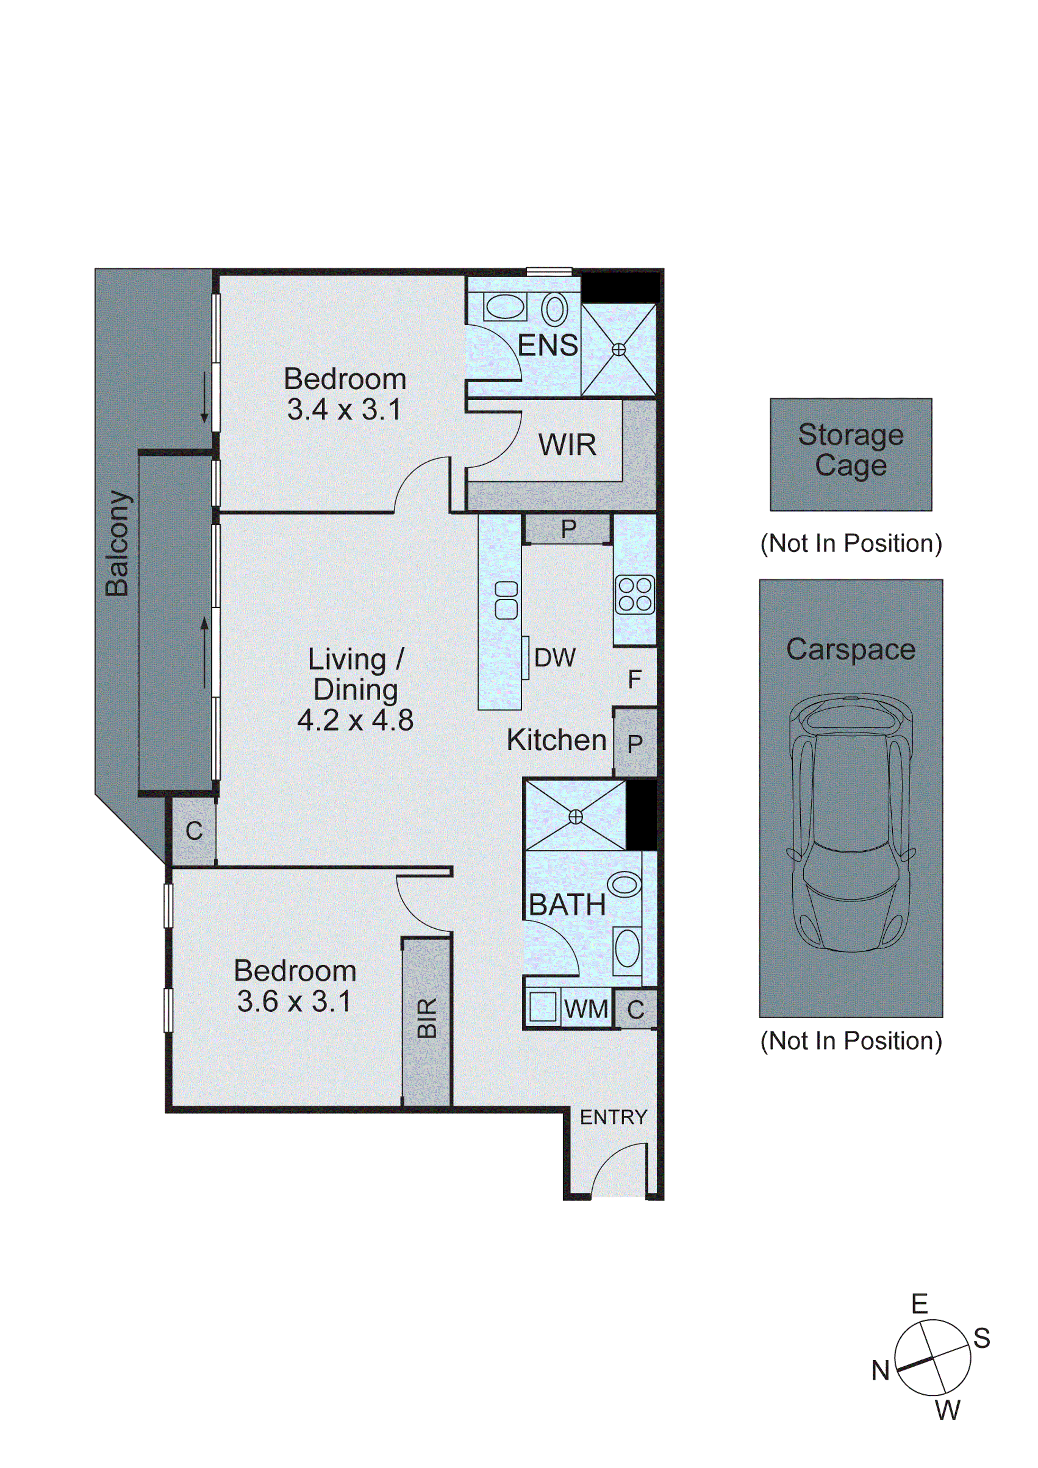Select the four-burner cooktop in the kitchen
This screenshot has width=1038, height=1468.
(635, 595)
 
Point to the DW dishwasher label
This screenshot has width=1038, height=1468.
(555, 657)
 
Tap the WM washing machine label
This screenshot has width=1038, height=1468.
(586, 1009)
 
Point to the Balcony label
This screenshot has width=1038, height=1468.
(118, 544)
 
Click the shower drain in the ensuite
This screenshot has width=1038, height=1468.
(618, 350)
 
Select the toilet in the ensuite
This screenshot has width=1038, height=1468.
(555, 309)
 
